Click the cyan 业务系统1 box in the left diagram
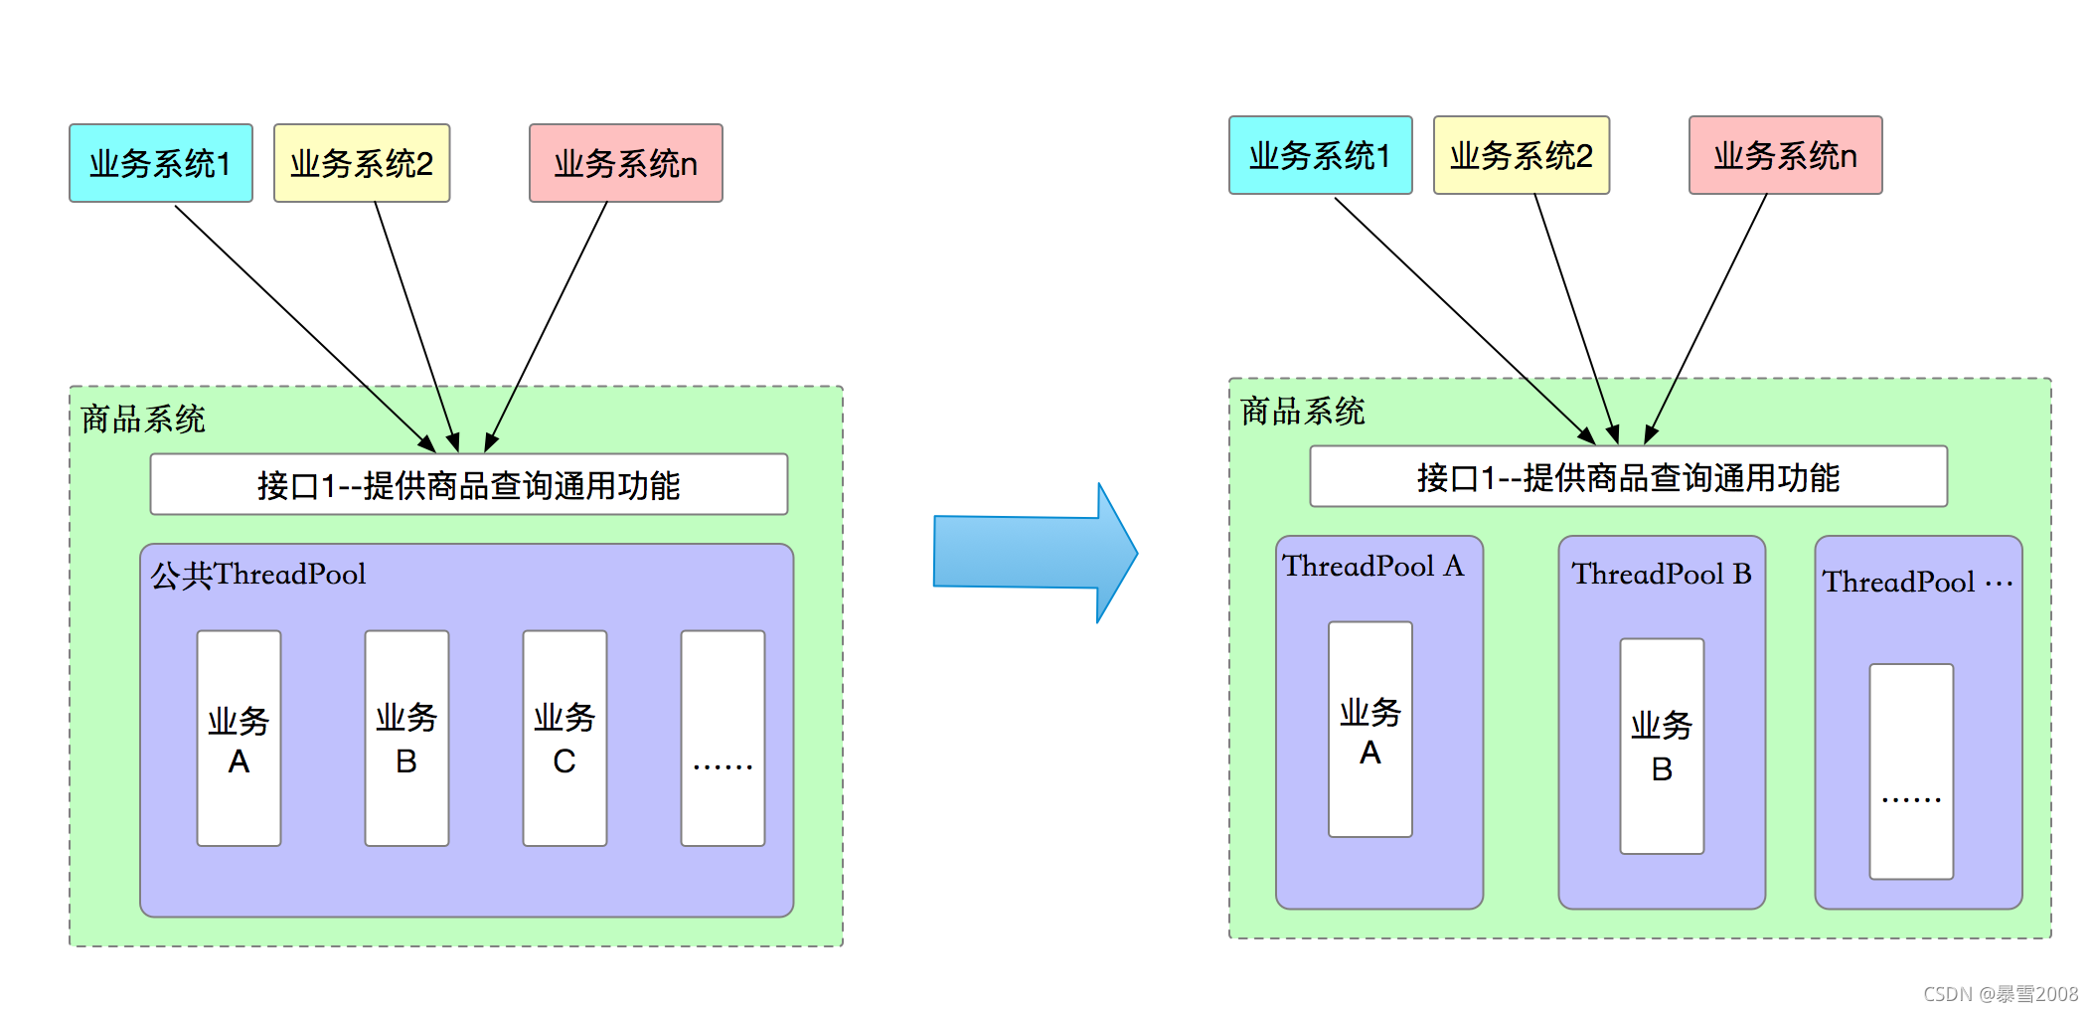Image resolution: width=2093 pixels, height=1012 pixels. point(160,163)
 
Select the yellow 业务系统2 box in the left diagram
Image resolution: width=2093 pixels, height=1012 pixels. point(362,163)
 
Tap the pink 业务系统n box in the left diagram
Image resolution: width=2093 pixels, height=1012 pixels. point(625,163)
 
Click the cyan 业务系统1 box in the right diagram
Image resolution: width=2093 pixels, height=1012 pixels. point(1320,155)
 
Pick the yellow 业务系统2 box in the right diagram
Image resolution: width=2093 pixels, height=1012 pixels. point(1521,155)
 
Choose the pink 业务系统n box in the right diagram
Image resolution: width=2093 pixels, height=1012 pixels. point(1785,155)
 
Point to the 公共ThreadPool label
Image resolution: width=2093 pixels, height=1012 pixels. point(258,575)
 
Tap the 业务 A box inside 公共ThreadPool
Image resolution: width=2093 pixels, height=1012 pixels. point(239,739)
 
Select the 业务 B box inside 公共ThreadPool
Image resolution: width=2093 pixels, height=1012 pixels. point(406,739)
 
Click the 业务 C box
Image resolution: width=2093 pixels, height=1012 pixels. point(564,739)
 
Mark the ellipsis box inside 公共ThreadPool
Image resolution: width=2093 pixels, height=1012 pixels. point(723,739)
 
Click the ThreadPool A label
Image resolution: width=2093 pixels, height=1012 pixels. point(1372,567)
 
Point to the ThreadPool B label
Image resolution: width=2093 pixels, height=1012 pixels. point(1661,575)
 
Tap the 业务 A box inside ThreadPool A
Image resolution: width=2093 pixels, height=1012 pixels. point(1369,730)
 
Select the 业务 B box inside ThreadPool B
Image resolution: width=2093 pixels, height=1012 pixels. point(1662,746)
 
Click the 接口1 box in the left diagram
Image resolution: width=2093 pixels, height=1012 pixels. point(468,485)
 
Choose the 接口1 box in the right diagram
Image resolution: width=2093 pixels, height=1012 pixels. point(1628,477)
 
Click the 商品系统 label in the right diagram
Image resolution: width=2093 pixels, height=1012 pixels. point(1302,412)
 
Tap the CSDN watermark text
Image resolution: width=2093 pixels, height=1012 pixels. point(2000,994)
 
